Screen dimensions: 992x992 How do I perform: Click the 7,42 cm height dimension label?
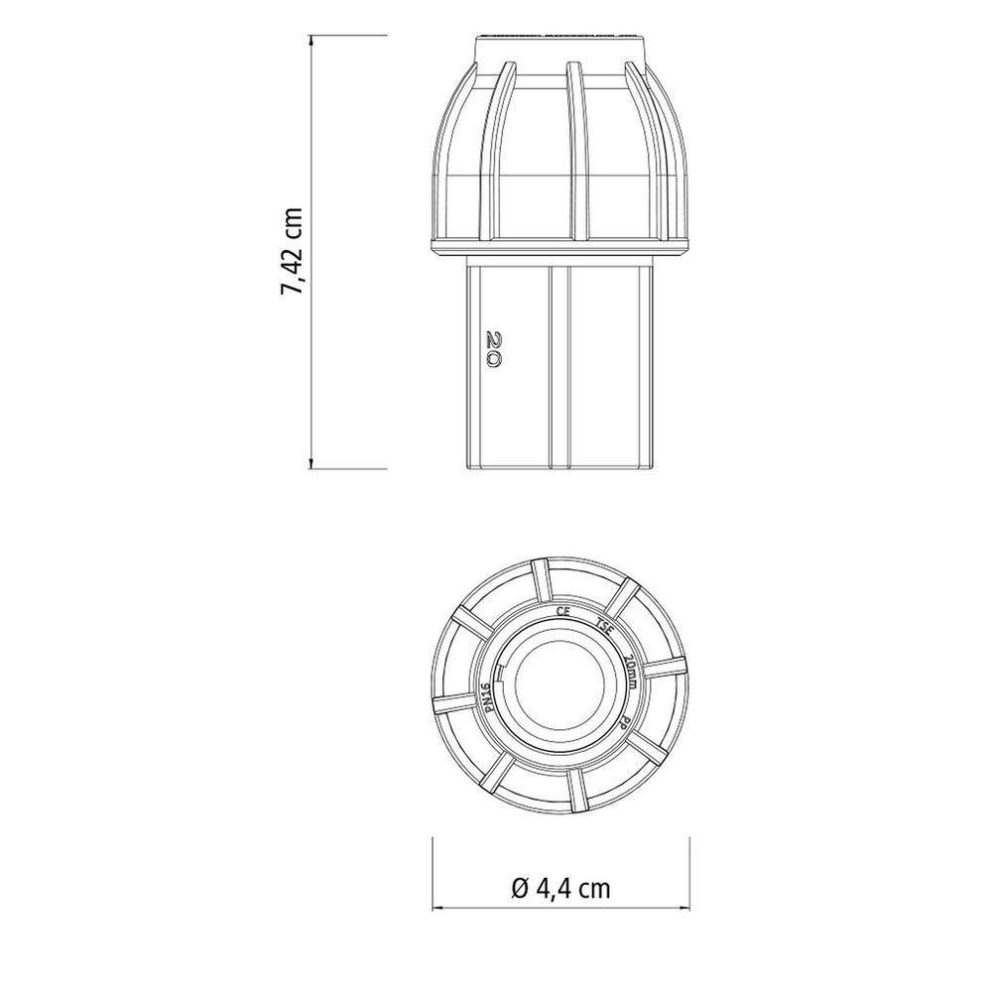292,251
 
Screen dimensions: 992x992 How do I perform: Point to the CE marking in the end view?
563,612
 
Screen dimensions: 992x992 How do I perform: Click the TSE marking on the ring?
605,627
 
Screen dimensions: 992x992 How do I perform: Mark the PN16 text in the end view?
487,699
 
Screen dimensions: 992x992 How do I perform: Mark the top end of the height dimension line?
313,37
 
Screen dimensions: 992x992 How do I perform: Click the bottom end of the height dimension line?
313,466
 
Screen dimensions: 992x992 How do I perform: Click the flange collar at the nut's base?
560,245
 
